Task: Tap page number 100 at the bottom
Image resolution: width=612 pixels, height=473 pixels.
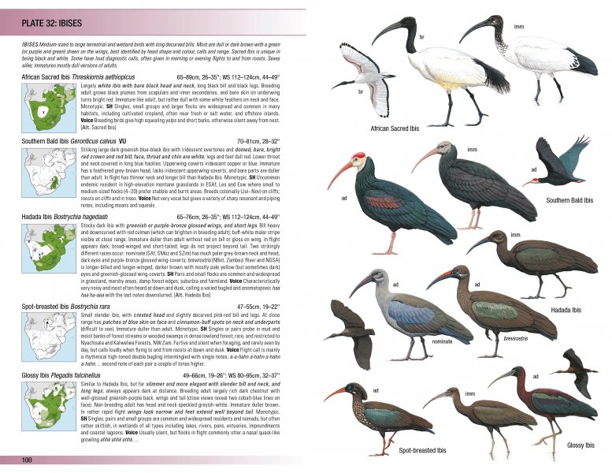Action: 26,460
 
